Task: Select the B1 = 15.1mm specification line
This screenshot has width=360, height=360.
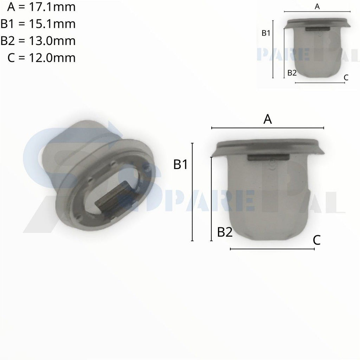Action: (x=38, y=24)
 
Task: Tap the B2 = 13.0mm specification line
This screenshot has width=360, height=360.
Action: (x=38, y=41)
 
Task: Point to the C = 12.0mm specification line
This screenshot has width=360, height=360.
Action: (x=41, y=57)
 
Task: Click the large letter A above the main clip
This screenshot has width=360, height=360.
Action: (x=268, y=120)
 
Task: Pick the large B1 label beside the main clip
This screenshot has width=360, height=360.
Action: (x=181, y=165)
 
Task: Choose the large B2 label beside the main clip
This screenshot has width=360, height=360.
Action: (x=225, y=232)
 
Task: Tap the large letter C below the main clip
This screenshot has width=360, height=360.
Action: (x=316, y=240)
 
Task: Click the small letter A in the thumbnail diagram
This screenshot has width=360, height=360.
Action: (x=317, y=7)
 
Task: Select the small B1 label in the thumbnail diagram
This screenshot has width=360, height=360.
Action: (x=266, y=33)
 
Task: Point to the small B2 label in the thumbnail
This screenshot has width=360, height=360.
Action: (x=292, y=73)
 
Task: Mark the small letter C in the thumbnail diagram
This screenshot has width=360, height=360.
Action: (x=346, y=78)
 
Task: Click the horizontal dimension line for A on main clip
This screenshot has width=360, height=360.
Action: (x=268, y=128)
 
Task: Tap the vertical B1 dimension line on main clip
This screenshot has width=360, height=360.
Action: (x=192, y=192)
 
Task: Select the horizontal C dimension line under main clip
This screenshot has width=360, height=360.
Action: (x=272, y=249)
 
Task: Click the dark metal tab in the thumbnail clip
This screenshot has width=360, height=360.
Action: (x=317, y=30)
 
